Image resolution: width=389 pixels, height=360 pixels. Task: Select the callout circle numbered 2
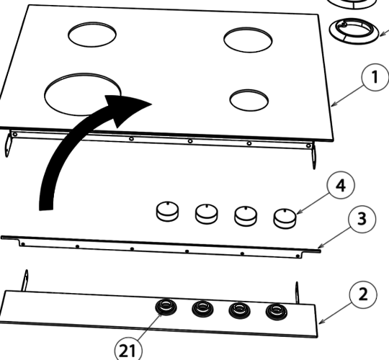click(364, 295)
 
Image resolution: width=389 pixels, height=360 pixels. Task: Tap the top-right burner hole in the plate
click(247, 39)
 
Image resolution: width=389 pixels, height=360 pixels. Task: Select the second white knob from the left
click(207, 212)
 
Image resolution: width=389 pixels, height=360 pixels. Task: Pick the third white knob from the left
click(246, 215)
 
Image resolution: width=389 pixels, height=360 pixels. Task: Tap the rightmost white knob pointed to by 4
click(285, 217)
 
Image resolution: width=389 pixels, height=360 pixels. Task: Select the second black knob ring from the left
click(202, 309)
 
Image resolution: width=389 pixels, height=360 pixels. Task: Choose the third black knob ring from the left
click(238, 310)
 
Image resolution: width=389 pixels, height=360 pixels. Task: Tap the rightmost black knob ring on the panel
click(274, 312)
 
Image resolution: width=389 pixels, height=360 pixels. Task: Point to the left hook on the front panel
click(27, 279)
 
